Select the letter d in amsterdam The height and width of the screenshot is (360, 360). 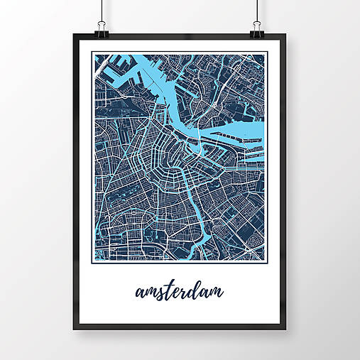click(x=191, y=290)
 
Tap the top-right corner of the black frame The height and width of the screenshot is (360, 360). click(x=286, y=36)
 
